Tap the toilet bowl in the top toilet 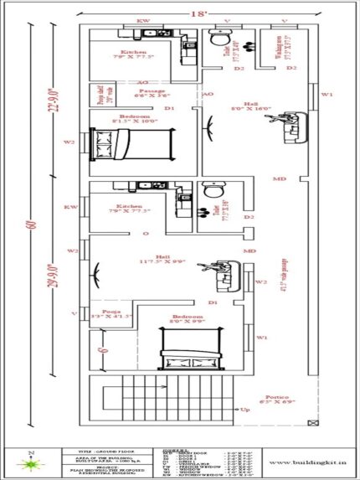(218, 40)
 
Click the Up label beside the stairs (245, 410)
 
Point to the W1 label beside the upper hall (327, 95)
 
